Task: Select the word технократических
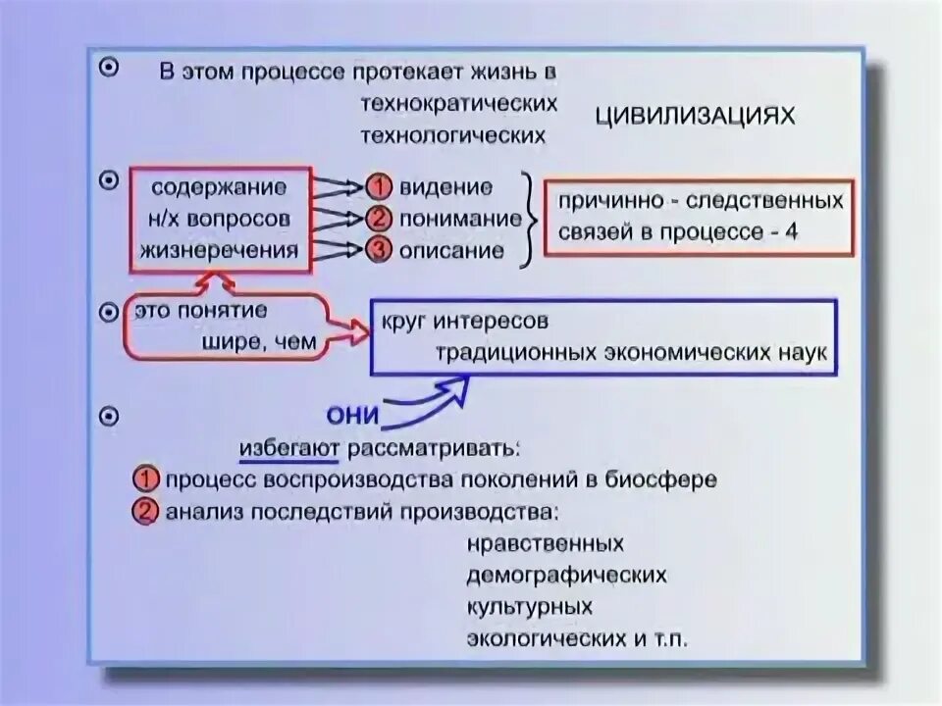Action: [x=460, y=102]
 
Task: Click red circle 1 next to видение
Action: [x=379, y=187]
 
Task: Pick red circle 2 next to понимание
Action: [x=379, y=219]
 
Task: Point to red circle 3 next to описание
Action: [x=379, y=250]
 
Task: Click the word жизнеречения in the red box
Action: [x=219, y=250]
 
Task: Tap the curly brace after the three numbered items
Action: [x=527, y=219]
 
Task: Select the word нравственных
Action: [x=547, y=543]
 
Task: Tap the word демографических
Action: [x=568, y=575]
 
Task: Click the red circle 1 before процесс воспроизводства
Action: [x=146, y=480]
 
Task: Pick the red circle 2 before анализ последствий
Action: [x=146, y=512]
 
